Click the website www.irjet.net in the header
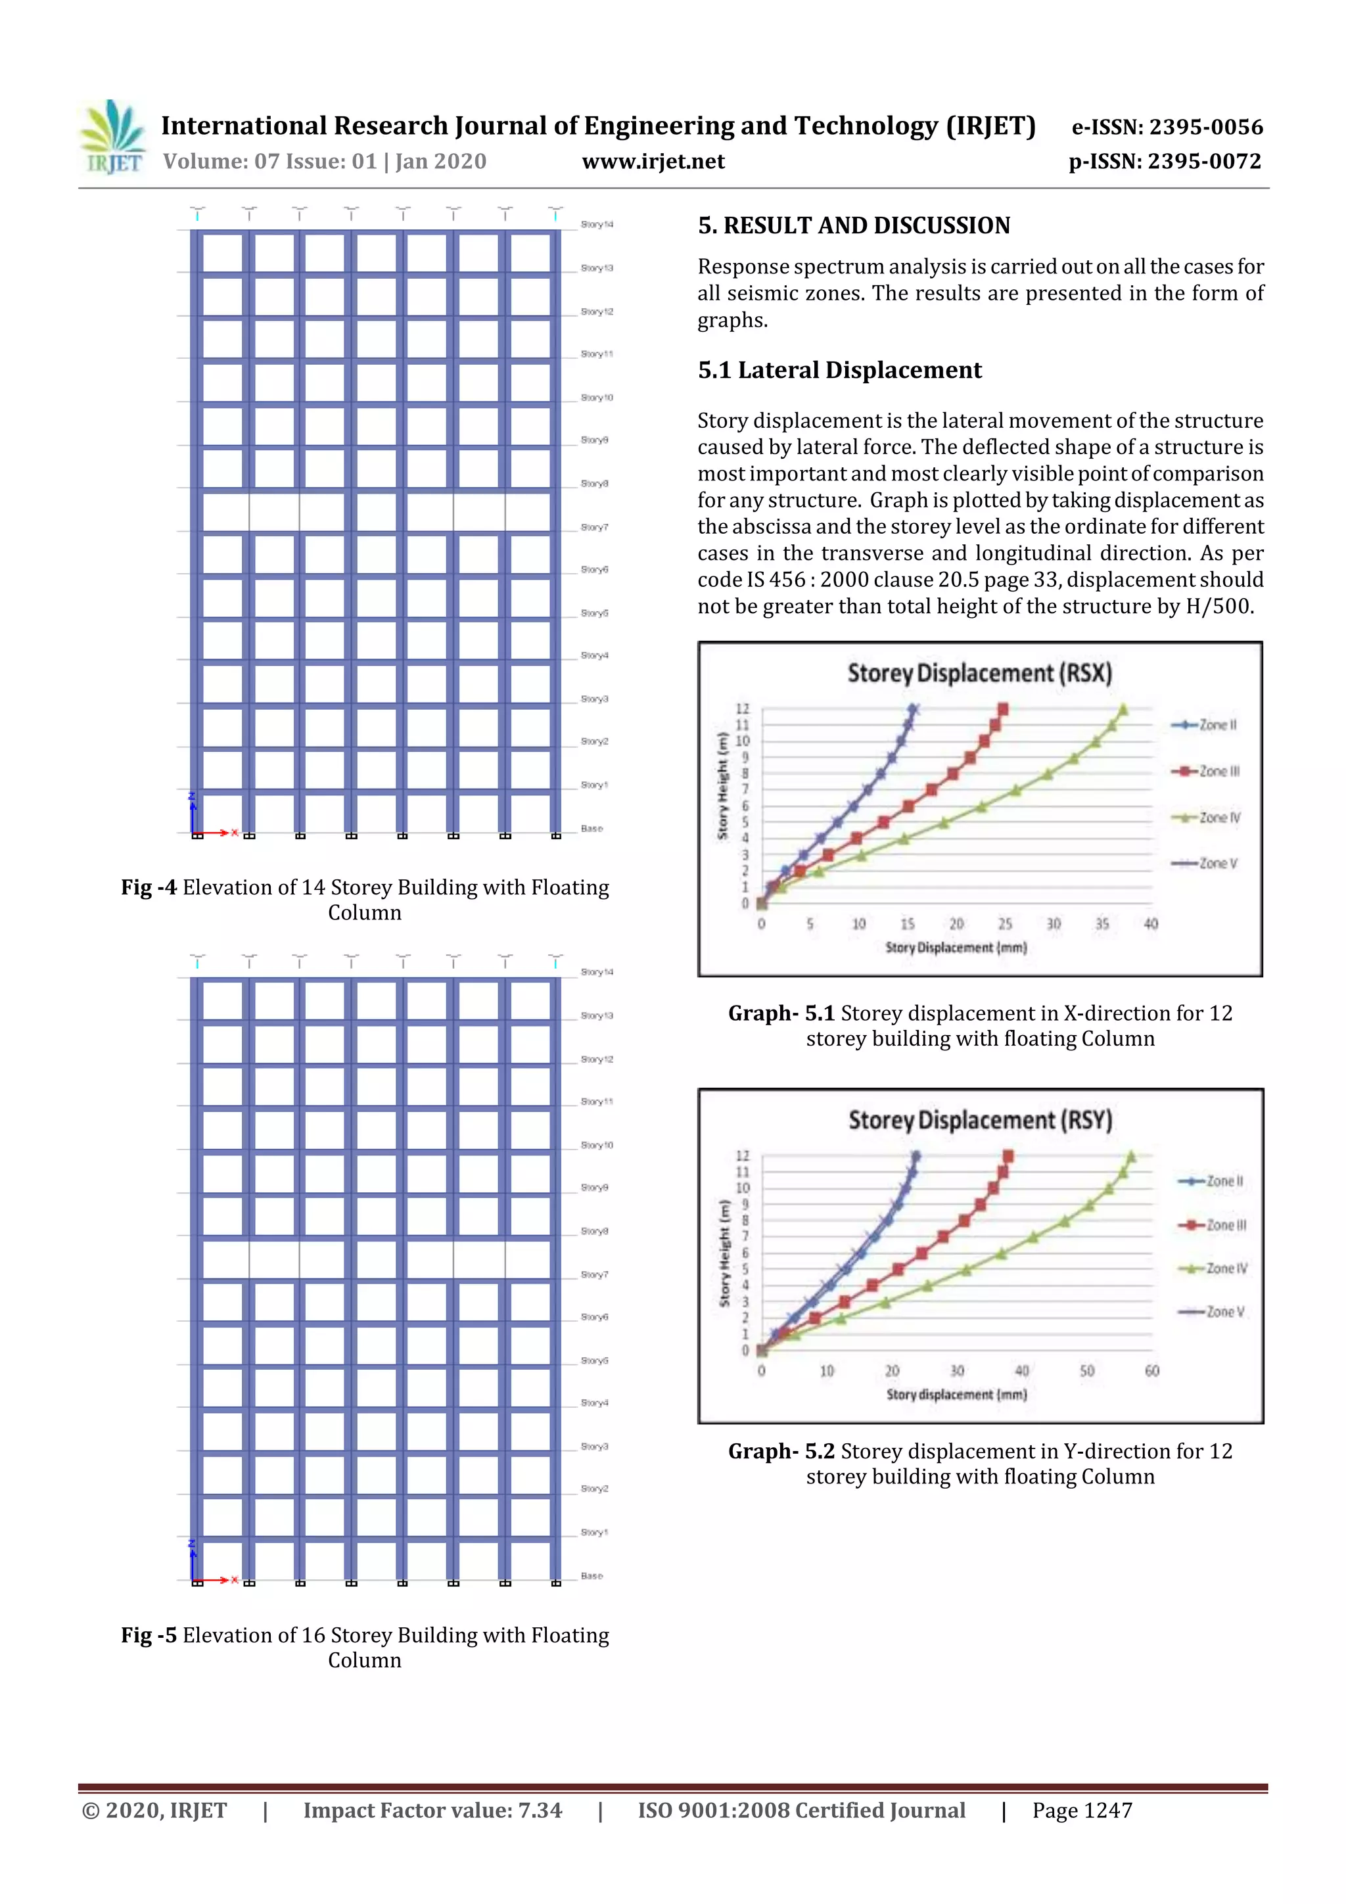[653, 162]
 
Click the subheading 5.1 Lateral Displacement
[839, 370]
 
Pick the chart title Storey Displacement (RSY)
[979, 1121]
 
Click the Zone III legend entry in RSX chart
[1207, 771]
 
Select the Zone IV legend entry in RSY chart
[1215, 1268]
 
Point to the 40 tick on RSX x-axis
[1150, 924]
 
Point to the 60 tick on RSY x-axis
[1151, 1371]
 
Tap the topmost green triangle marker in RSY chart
[1131, 1156]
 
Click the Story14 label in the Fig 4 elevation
[596, 225]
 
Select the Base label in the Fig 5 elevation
[592, 1575]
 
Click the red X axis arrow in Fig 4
[218, 833]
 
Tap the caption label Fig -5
[149, 1635]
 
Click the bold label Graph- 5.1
[780, 1013]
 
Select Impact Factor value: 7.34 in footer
[432, 1810]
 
